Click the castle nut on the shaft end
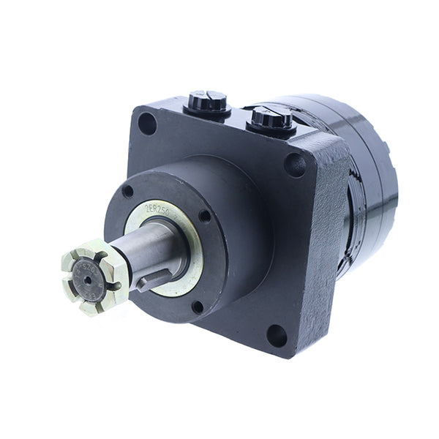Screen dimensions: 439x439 click(94, 277)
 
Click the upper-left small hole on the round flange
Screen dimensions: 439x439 click(129, 192)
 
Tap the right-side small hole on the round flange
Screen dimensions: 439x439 click(204, 216)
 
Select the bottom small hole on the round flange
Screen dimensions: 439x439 click(197, 306)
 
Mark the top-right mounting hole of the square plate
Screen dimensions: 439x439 click(296, 165)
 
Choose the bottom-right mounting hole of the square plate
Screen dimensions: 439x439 click(277, 335)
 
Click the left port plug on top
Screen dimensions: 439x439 click(207, 102)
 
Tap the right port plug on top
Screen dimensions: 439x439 click(271, 117)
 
